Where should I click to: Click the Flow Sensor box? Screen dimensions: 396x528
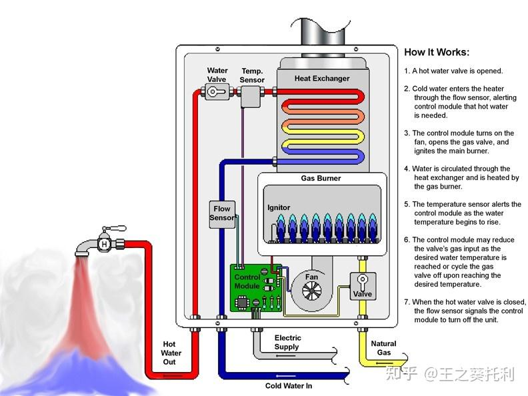(222, 213)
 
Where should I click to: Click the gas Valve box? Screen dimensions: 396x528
(363, 285)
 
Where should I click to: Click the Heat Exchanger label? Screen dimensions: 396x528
(322, 79)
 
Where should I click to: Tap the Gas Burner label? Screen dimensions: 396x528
(321, 179)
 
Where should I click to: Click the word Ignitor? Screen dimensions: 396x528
(279, 208)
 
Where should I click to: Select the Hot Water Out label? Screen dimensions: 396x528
(171, 353)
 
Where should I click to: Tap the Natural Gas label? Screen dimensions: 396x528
(383, 348)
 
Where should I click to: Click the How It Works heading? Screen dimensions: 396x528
(437, 53)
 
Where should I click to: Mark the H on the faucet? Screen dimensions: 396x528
(105, 245)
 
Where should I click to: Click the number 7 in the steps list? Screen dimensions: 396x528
(407, 302)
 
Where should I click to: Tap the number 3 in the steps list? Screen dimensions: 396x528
(407, 133)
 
